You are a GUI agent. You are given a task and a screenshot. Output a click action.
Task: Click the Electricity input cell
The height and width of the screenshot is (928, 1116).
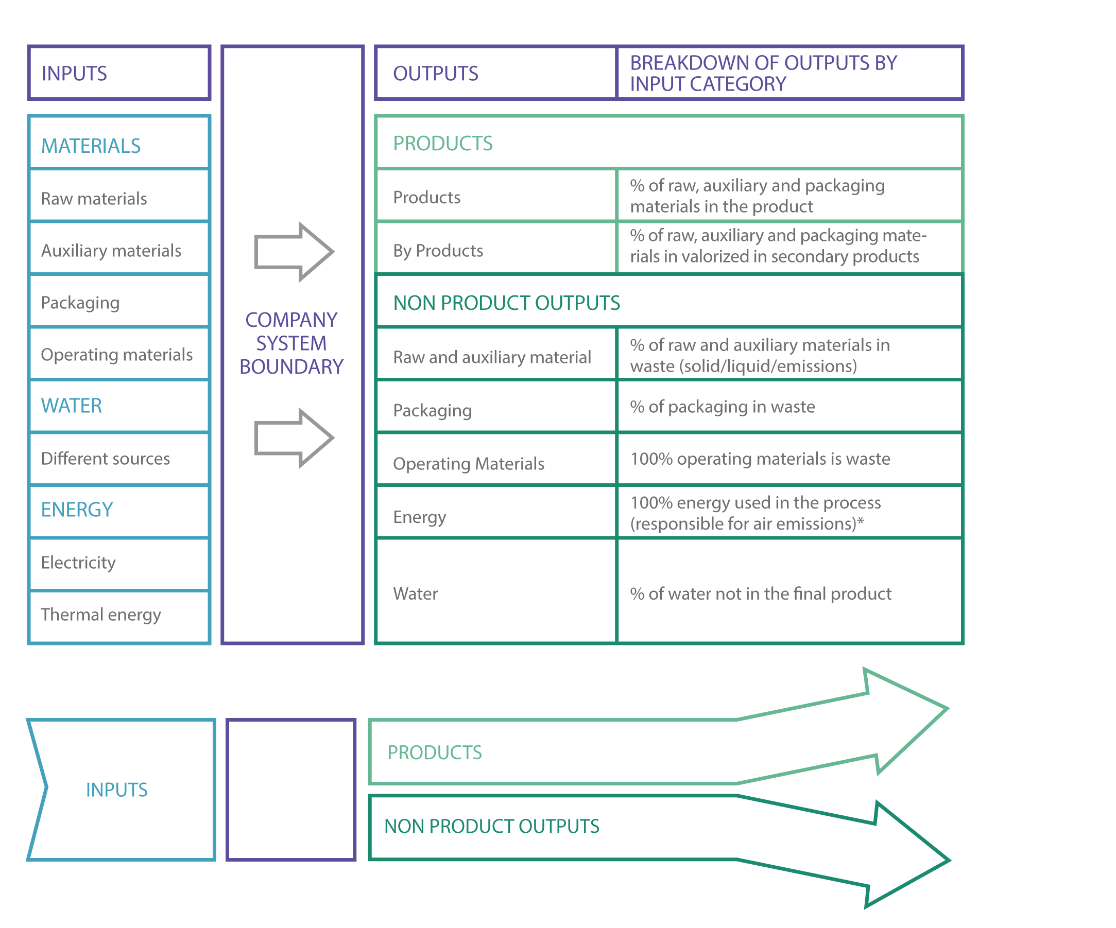tap(119, 563)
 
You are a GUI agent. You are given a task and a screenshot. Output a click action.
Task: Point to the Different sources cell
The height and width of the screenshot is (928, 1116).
tap(119, 459)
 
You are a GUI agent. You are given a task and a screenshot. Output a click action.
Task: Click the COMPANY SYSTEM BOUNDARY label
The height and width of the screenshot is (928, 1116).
tap(291, 343)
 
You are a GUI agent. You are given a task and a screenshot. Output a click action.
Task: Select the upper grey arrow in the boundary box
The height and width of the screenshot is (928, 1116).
tap(294, 252)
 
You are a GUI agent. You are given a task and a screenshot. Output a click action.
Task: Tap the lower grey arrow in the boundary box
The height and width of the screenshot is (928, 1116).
tap(294, 438)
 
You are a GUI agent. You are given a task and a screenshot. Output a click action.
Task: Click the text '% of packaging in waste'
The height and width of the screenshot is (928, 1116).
tap(722, 407)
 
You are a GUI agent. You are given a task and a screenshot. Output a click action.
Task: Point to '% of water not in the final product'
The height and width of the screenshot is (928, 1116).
tap(761, 594)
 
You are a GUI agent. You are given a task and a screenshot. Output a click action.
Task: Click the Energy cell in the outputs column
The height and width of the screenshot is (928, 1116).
tap(496, 512)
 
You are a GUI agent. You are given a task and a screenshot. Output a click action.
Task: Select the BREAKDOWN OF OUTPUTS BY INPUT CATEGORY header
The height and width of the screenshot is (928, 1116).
tap(789, 73)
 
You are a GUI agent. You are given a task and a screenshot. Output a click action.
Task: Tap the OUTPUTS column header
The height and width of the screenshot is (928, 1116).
tap(496, 73)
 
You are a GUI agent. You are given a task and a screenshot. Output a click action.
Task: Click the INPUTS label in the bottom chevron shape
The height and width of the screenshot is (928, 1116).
tap(117, 790)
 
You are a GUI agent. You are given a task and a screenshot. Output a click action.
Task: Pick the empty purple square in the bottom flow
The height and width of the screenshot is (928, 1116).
tap(291, 790)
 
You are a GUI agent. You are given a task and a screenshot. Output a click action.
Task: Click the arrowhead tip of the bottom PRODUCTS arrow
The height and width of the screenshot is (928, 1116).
tap(948, 709)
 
